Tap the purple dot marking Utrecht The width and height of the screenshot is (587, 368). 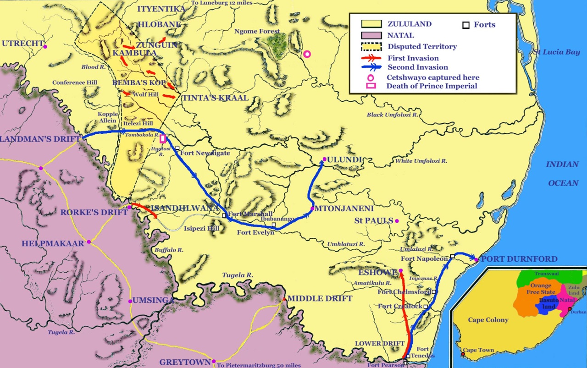tap(45, 46)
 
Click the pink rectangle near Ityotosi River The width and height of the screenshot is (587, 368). tap(163, 139)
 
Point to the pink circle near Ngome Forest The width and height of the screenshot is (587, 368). tap(307, 54)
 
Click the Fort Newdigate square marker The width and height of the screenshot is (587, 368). tap(177, 148)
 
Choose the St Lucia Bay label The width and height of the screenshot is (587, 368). tap(556, 52)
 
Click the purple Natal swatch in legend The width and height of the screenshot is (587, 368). tap(372, 35)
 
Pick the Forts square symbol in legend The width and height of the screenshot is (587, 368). tap(465, 25)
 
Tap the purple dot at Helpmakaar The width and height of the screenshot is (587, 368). tap(89, 242)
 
